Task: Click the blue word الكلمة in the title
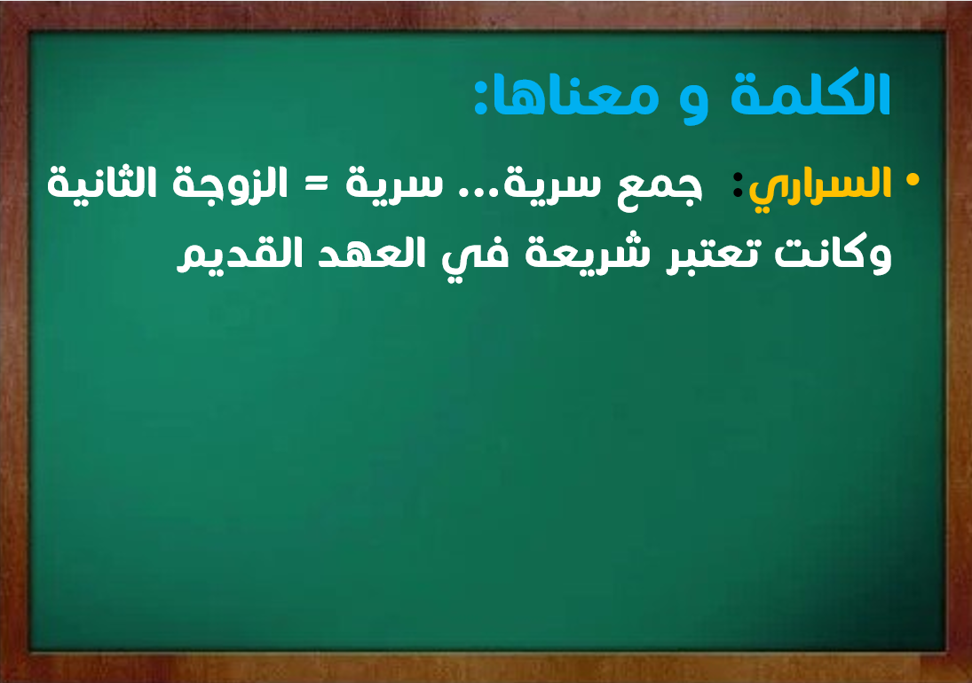[810, 93]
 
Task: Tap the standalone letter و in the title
[693, 102]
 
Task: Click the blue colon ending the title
[481, 99]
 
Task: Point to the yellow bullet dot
[912, 179]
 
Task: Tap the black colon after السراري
[738, 184]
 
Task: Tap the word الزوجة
[229, 184]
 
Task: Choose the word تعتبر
[714, 255]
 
